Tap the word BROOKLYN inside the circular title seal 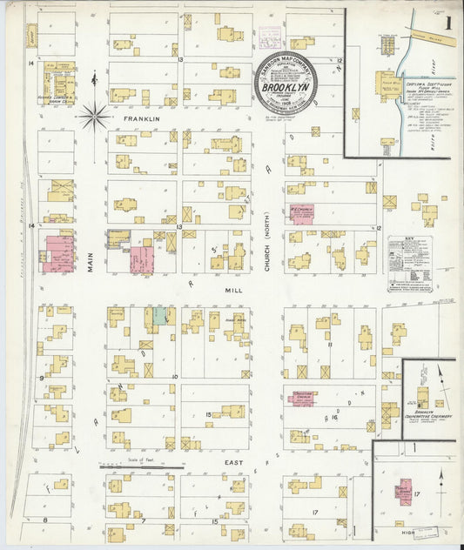coord(284,87)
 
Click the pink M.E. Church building coord(302,214)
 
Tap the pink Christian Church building coord(301,398)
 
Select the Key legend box coord(410,264)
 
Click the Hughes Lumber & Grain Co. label coord(55,97)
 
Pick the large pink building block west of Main coord(58,252)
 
